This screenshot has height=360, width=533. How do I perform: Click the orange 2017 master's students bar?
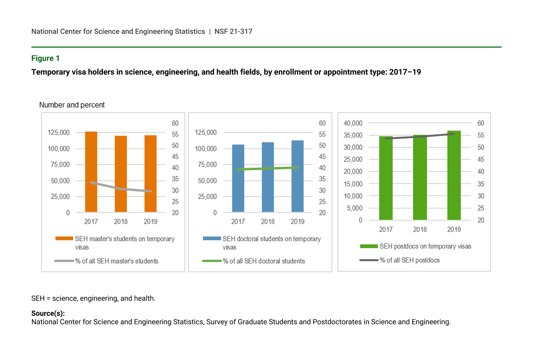[x=91, y=172]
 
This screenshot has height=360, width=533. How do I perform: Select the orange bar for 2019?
[x=150, y=173]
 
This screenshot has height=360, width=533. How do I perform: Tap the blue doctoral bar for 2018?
[x=268, y=177]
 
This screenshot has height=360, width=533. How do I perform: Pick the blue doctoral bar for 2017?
[x=238, y=178]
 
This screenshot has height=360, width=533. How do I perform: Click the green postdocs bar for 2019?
[x=454, y=175]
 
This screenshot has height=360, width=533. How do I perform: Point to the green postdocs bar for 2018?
[x=420, y=177]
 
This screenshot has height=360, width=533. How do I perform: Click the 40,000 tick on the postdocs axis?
[x=353, y=123]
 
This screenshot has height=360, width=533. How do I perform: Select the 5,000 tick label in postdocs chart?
[x=355, y=208]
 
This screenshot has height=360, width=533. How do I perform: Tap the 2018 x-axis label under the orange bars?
[x=121, y=221]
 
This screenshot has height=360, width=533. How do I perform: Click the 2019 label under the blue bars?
[x=298, y=221]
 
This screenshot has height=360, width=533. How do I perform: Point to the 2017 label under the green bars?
[x=386, y=229]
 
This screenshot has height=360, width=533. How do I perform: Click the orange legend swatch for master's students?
[x=64, y=238]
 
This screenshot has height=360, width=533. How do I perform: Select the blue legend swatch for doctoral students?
[x=212, y=238]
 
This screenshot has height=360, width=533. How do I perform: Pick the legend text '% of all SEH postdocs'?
[x=409, y=260]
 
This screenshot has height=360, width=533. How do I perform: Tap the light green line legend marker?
[x=212, y=261]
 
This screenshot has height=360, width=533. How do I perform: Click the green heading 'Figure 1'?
[x=45, y=58]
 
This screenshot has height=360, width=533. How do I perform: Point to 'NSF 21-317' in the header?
[x=233, y=31]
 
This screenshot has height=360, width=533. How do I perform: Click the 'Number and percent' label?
[x=72, y=105]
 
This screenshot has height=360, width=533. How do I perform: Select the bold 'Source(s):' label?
[x=48, y=313]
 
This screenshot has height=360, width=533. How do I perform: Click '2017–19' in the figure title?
[x=405, y=72]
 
